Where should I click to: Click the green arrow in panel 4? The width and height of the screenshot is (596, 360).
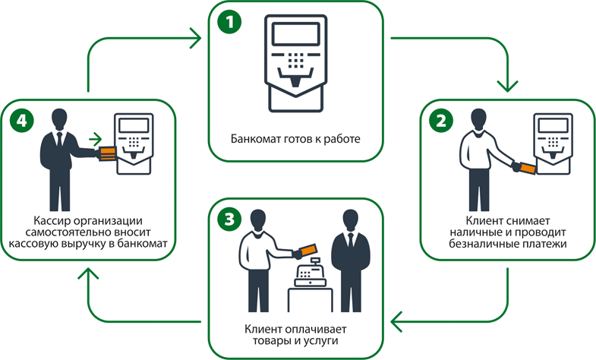click(x=95, y=138)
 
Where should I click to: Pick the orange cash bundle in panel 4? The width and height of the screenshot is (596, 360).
click(x=107, y=152)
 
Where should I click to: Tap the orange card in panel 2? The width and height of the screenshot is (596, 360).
click(x=526, y=167)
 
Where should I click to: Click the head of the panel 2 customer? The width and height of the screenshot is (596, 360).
click(x=478, y=119)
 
